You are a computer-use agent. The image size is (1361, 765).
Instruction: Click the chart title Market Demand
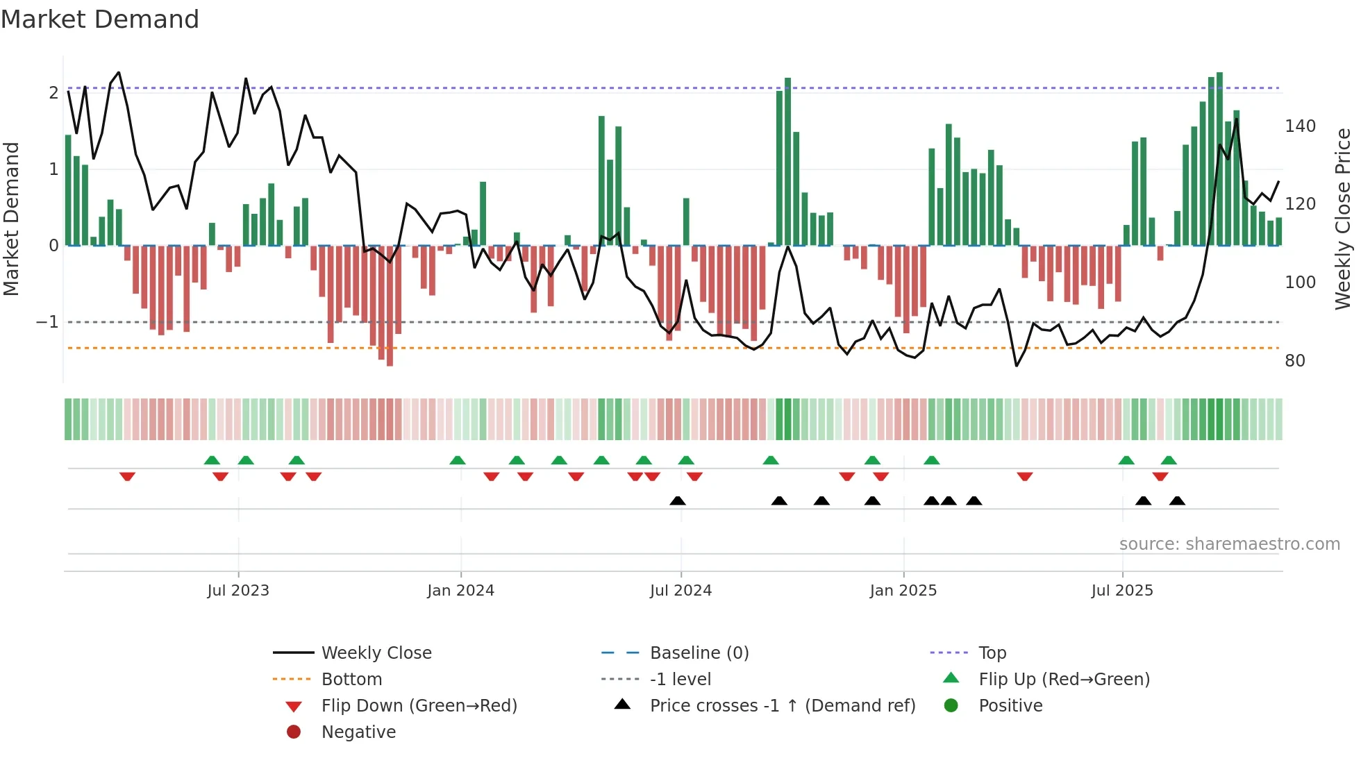(100, 19)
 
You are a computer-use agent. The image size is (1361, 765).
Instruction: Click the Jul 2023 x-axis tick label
(238, 591)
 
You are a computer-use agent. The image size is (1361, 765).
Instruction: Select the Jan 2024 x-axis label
(460, 591)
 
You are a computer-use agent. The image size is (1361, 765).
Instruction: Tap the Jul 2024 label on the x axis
(680, 591)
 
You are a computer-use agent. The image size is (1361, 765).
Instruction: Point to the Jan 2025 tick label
(903, 591)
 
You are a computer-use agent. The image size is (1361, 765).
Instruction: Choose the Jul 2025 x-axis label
(1122, 591)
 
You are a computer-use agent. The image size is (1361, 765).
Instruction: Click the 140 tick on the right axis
(1300, 126)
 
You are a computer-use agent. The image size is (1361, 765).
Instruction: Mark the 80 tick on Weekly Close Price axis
(1294, 361)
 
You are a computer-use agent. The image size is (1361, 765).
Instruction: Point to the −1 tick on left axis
(47, 322)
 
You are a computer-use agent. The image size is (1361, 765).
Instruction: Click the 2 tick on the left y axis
(53, 93)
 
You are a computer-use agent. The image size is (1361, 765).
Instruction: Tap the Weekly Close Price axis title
(1343, 219)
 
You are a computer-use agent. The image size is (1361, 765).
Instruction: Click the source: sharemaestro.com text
(1229, 544)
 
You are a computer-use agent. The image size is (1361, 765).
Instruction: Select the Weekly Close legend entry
(376, 653)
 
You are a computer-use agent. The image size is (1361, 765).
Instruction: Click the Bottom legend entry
(351, 680)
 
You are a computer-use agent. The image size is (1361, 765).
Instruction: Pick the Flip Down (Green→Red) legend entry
(419, 706)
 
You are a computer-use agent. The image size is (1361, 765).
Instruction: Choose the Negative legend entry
(358, 732)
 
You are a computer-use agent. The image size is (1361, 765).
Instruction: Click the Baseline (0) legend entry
(699, 653)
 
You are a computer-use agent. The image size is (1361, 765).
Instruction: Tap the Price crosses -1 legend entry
(782, 706)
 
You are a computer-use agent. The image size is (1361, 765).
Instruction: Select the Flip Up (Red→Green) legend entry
(1064, 680)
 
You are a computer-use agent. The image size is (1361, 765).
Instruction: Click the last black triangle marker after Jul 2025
(1177, 501)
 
